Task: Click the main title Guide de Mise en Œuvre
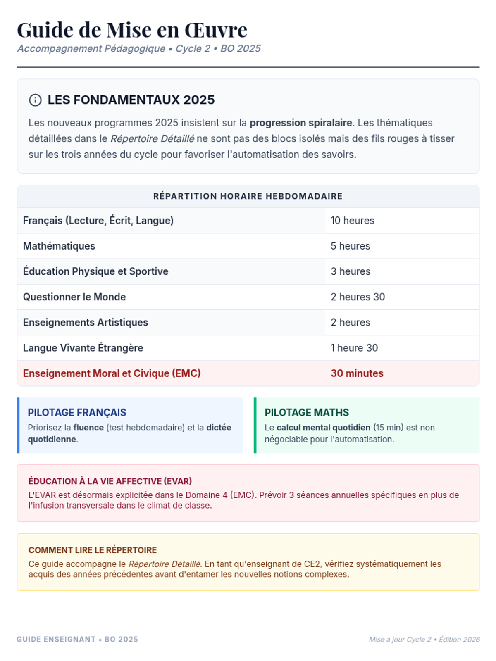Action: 132,30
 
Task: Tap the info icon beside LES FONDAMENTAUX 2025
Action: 35,100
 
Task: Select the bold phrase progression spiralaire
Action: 300,123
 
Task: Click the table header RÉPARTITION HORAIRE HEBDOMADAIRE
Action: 248,196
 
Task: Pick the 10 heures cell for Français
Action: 352,221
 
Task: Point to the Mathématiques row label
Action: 59,246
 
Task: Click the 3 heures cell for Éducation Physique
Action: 351,271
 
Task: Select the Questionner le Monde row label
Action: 74,297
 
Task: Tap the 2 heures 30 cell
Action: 358,297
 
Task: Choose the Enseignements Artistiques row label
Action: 86,323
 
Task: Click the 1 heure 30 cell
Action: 354,348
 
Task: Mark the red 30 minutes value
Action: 357,373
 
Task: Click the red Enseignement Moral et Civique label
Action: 112,373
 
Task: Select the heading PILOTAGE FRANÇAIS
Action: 77,412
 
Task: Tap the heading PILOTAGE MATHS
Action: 307,412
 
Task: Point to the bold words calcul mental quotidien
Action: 323,428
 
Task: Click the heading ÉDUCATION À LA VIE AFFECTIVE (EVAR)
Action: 110,481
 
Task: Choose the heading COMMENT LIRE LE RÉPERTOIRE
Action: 93,550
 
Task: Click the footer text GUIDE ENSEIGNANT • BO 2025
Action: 77,640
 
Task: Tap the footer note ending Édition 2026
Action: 424,640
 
